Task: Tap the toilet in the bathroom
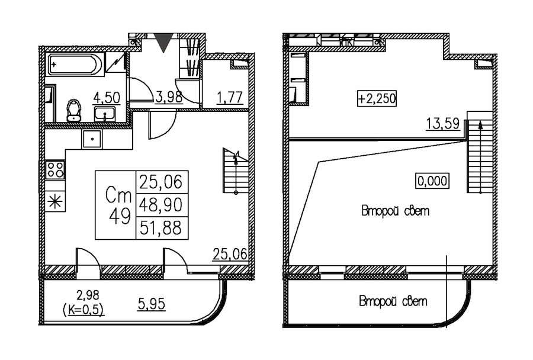(74, 110)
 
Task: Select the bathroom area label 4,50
(107, 98)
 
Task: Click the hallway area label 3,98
(169, 97)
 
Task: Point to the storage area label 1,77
(230, 98)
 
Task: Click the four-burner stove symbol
(55, 169)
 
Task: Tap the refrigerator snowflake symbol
(55, 202)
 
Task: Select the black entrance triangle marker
(164, 43)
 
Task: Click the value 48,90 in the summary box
(161, 205)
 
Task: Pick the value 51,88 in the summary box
(161, 228)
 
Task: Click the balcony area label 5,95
(152, 304)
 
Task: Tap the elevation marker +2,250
(377, 98)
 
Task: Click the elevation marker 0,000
(432, 181)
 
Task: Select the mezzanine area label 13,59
(442, 124)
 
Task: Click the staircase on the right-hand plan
(480, 152)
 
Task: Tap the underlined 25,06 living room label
(230, 254)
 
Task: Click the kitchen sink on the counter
(91, 139)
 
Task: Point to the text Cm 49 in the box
(118, 205)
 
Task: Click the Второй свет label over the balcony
(393, 302)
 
